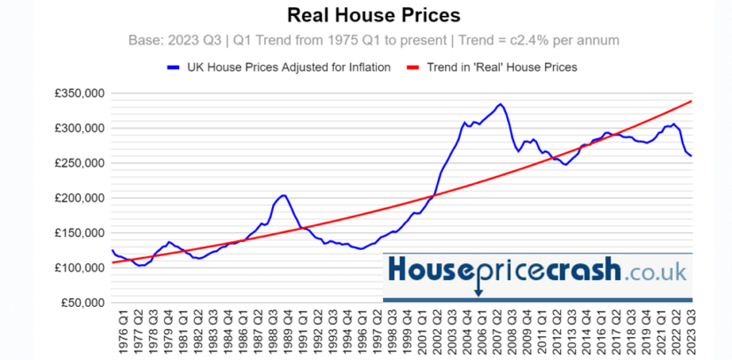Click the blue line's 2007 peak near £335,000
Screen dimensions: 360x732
[500, 105]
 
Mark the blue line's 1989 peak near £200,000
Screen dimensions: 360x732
[283, 195]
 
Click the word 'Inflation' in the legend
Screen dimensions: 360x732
[363, 67]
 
